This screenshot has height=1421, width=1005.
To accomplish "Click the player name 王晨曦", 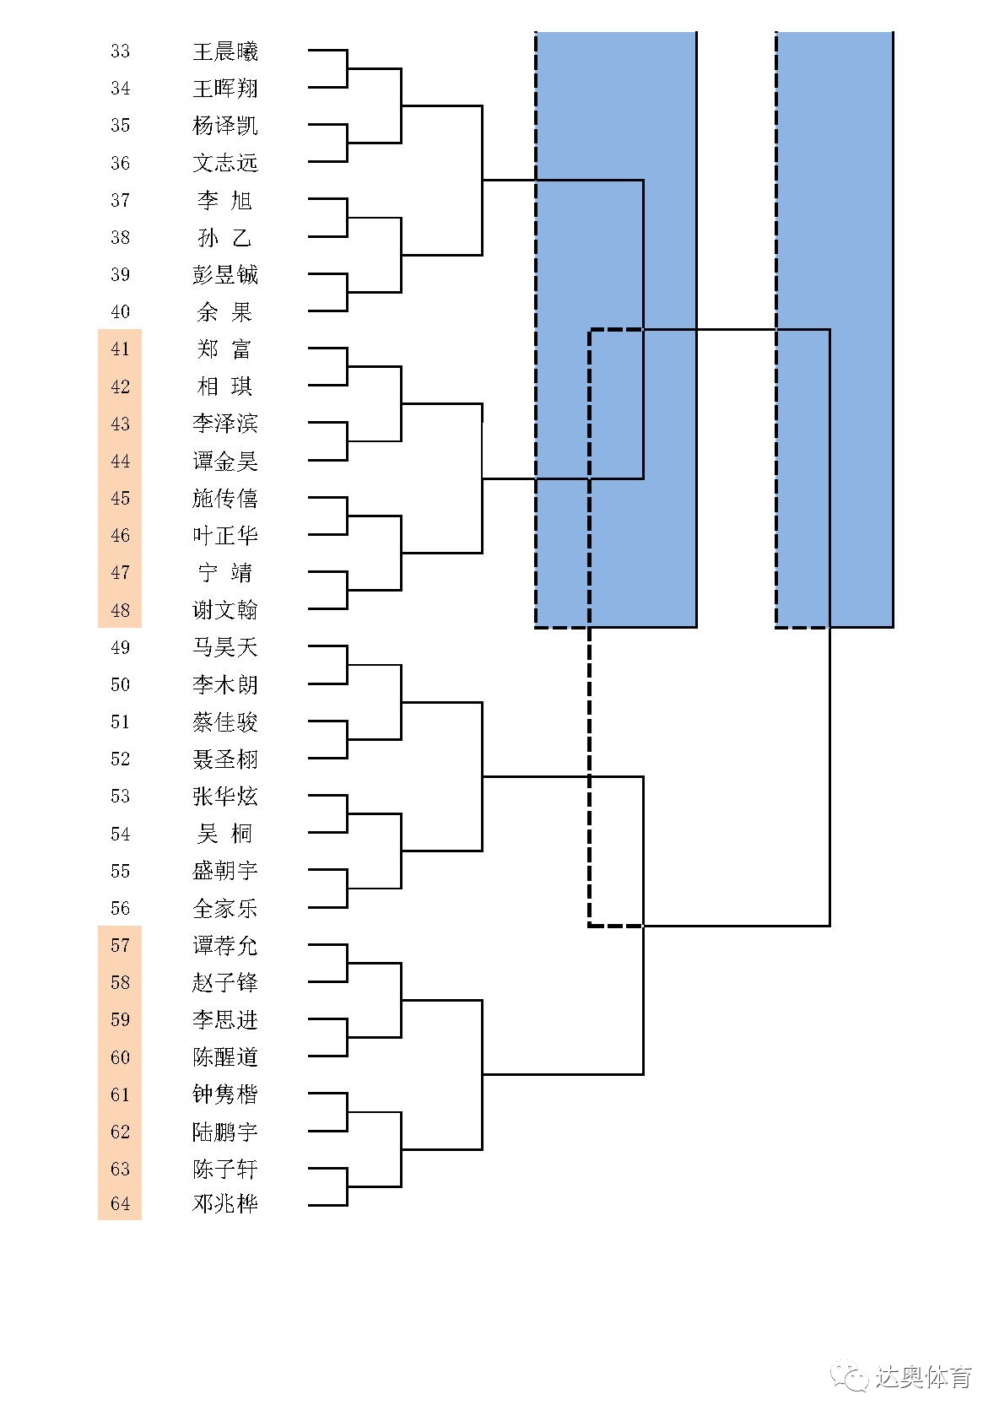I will tap(225, 51).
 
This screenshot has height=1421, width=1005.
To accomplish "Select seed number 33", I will tap(120, 51).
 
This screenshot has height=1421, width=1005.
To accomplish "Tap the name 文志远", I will tap(225, 163).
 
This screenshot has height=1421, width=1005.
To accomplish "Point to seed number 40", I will tap(120, 312).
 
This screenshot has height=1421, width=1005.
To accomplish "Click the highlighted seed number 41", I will tap(120, 349).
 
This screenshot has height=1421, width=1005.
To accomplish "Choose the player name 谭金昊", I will tap(225, 462).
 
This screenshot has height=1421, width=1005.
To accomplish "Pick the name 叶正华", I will tap(225, 536).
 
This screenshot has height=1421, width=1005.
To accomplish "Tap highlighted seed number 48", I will tap(120, 610).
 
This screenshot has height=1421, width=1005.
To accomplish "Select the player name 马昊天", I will tap(225, 647).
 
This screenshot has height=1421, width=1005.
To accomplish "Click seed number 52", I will tap(120, 759).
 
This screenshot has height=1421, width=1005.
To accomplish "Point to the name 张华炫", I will tap(225, 797).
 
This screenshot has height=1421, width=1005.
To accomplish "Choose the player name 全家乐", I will tap(225, 909).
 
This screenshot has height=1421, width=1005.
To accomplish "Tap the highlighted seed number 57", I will tap(120, 946).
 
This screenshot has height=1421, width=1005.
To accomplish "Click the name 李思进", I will tap(225, 1020).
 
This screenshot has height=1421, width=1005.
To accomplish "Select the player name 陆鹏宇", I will tap(225, 1132).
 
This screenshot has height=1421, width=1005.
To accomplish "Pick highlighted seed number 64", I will tap(120, 1204).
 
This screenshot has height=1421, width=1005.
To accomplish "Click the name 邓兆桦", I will tap(225, 1204).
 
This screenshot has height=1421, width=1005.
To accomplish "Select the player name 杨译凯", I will tap(225, 126).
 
